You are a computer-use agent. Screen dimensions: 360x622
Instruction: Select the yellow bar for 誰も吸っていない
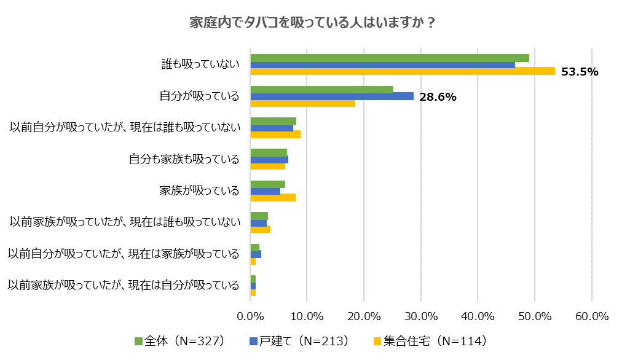[x=403, y=71]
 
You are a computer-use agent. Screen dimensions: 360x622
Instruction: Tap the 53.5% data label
[x=580, y=72]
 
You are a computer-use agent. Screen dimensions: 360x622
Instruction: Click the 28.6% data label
[x=438, y=96]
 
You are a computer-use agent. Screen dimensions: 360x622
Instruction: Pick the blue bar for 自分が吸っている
[x=332, y=96]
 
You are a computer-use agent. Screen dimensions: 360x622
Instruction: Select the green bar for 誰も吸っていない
[x=390, y=58]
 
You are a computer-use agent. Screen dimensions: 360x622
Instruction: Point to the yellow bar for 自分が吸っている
[x=302, y=103]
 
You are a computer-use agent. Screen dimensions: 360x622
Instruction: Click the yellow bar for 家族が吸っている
[x=273, y=197]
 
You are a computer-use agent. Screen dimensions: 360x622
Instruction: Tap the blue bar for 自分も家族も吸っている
[x=269, y=160]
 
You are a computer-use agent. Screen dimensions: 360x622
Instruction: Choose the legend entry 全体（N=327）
[x=179, y=340]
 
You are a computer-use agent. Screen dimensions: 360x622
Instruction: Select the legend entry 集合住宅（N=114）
[x=430, y=340]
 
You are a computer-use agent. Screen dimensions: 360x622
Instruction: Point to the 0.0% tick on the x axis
[x=250, y=316]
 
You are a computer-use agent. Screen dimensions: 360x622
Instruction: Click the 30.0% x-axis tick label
[x=421, y=316]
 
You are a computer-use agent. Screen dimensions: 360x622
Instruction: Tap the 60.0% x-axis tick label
[x=591, y=316]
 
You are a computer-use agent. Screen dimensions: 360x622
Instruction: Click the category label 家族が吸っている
[x=199, y=190]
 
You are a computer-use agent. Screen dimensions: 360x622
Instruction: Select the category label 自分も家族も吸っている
[x=184, y=159]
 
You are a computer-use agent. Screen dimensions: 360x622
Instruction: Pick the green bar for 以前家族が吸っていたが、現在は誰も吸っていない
[x=259, y=216]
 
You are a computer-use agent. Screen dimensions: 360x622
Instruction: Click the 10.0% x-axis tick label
[x=307, y=316]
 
